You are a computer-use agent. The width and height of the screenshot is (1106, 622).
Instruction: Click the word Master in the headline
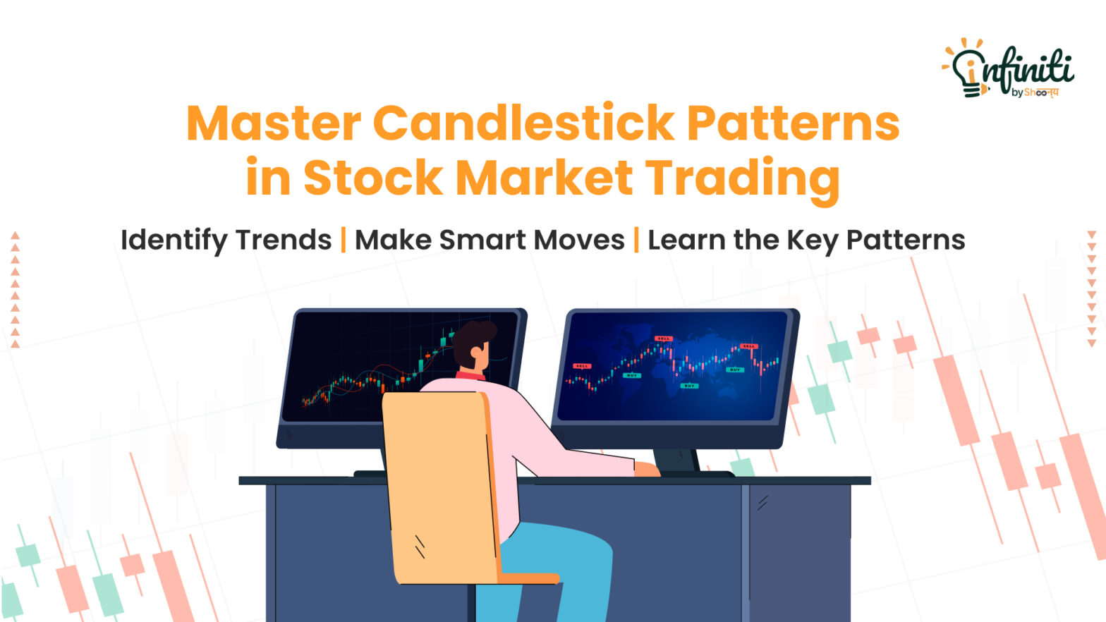[274, 123]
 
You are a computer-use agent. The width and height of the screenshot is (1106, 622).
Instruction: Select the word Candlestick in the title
[523, 123]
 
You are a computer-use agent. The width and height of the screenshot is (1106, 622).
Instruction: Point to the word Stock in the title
[372, 178]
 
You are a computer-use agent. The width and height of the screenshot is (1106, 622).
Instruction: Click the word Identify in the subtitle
[174, 240]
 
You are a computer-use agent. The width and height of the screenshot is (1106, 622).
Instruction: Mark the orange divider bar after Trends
[344, 240]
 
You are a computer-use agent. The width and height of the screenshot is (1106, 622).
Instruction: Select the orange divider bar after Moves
[636, 240]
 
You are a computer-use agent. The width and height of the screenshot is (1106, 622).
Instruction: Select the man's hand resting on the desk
[645, 469]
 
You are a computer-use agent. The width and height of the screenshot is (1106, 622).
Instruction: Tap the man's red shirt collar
[470, 375]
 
